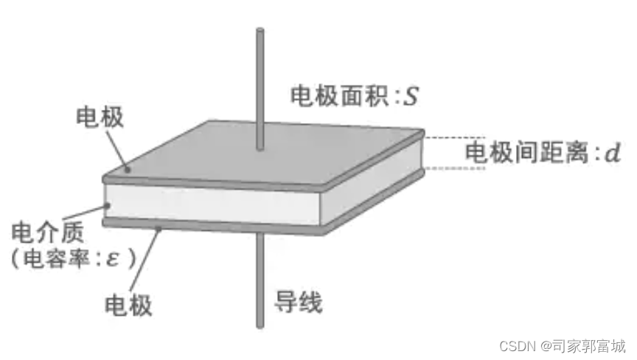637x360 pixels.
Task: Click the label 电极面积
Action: pos(333,95)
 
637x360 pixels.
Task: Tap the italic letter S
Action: pos(411,95)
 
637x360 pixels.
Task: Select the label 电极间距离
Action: pos(524,153)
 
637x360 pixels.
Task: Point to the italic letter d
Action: pos(612,153)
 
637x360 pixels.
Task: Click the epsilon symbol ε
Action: pos(113,257)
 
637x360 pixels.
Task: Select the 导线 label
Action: pos(299,300)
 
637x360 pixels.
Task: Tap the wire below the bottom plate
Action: pos(260,288)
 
